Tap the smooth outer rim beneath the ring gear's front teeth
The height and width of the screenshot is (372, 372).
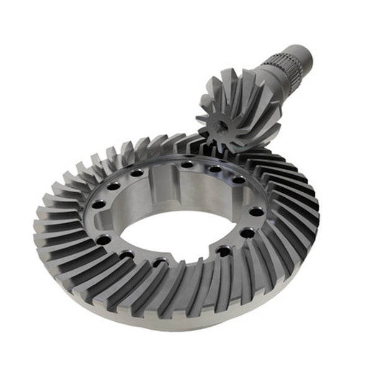(186, 325)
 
